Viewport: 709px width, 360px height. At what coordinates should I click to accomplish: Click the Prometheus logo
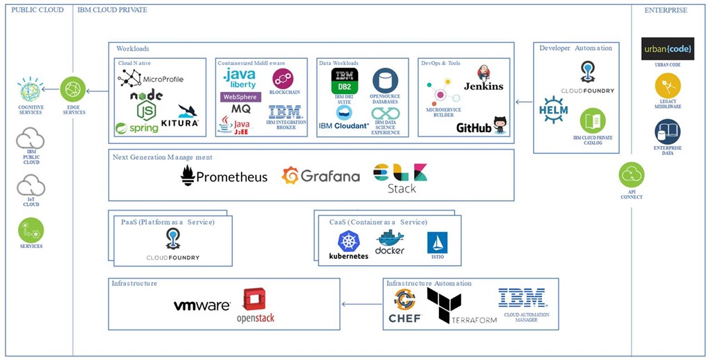tap(224, 176)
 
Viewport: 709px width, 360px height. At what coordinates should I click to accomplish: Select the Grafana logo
tap(321, 176)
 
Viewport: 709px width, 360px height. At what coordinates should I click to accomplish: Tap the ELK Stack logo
tap(400, 177)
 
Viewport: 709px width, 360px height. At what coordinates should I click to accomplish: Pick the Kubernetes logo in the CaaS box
tap(348, 246)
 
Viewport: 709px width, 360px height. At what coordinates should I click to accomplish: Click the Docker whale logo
tap(389, 243)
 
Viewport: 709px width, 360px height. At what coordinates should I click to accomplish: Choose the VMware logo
tap(201, 305)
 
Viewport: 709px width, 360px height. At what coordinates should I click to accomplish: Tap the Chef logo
tap(404, 306)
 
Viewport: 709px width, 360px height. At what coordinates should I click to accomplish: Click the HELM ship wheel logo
tap(554, 108)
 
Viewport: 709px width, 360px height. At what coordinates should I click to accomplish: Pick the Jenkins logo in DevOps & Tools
tap(483, 80)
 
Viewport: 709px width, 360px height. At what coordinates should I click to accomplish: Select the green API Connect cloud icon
tap(631, 175)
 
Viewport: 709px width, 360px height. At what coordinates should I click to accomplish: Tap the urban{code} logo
tap(667, 49)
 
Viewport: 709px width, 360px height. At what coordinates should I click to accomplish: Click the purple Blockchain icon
tap(282, 78)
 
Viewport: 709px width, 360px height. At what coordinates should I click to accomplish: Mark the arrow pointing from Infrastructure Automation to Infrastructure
tap(361, 304)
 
